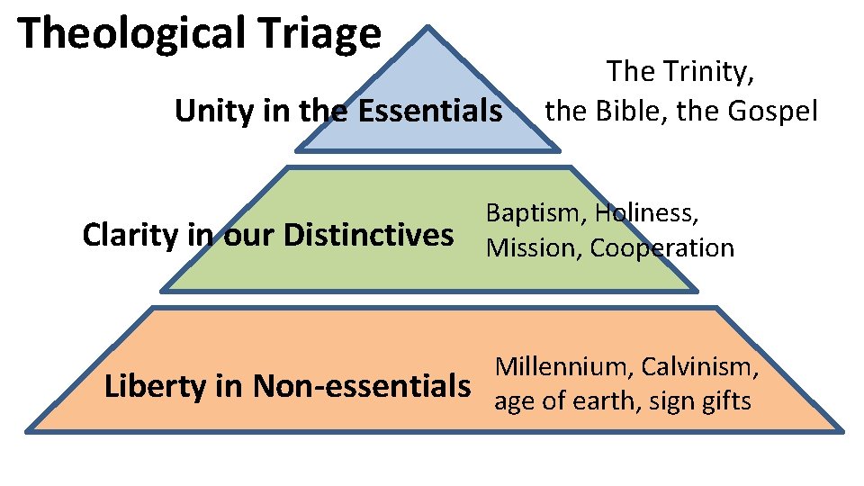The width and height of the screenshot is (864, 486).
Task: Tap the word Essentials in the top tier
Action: tap(430, 112)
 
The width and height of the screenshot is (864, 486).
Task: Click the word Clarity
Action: tap(130, 235)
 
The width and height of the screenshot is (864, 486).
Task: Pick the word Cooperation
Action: tap(662, 247)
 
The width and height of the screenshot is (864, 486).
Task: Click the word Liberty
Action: tap(155, 386)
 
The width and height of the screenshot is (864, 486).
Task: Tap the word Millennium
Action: tap(562, 366)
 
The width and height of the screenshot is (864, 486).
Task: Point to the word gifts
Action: tap(721, 400)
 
